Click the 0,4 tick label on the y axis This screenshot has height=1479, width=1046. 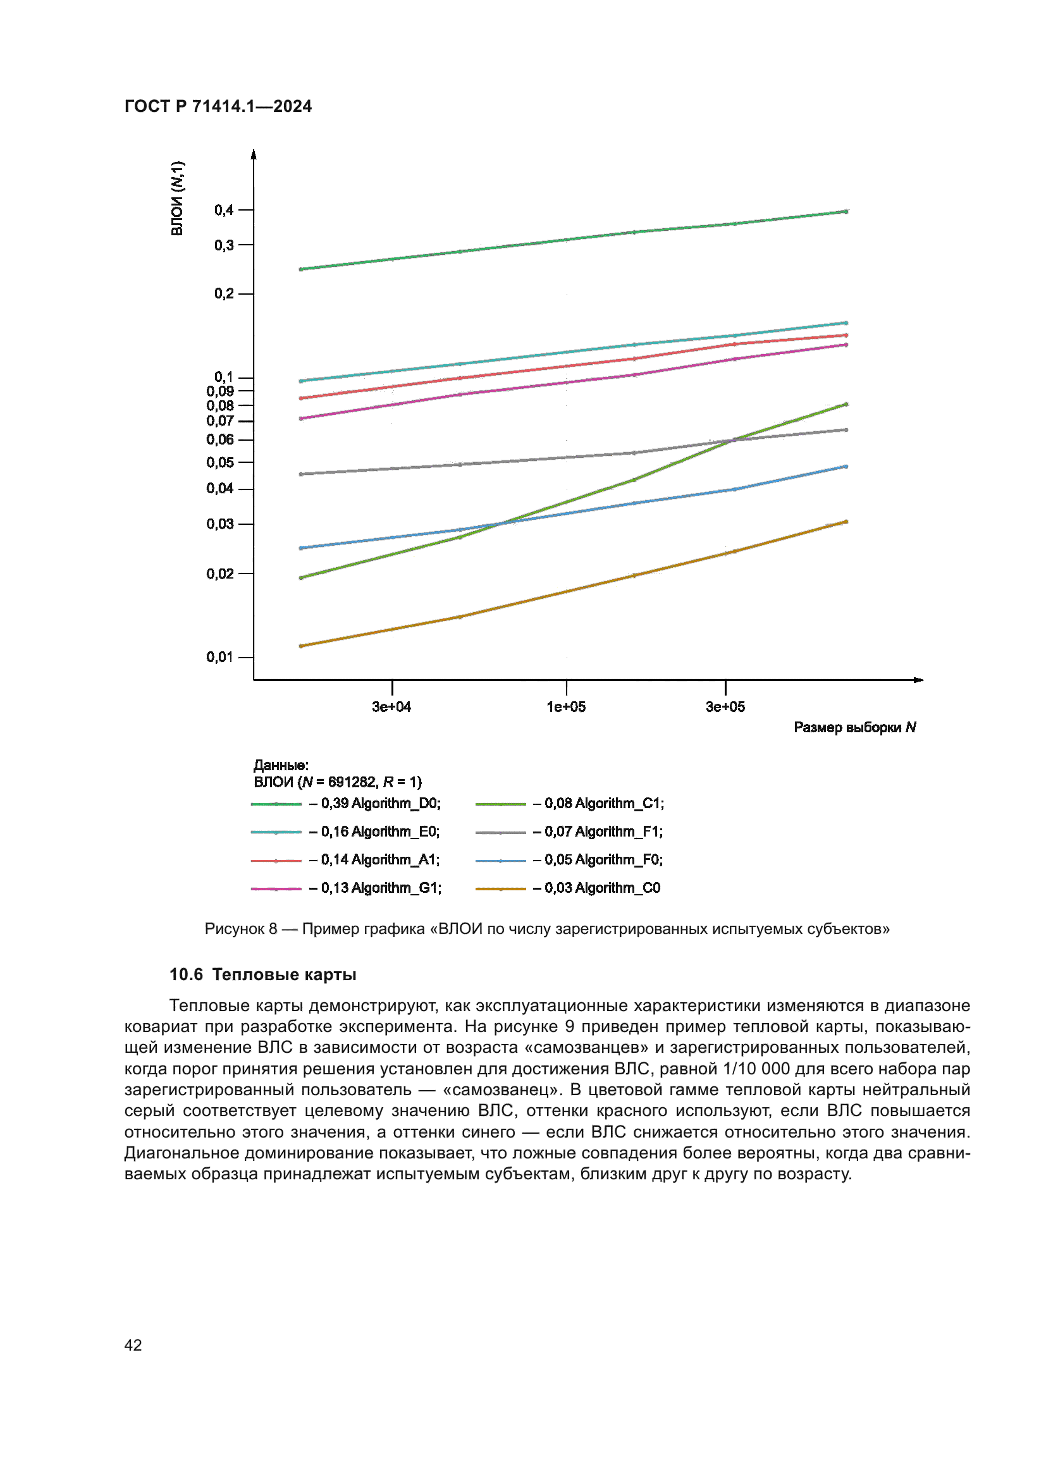click(223, 210)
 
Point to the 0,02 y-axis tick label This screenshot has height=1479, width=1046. click(219, 574)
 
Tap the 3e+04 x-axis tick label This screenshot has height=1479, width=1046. click(391, 707)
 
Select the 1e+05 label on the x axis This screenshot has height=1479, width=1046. click(566, 707)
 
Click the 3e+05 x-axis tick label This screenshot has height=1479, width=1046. click(725, 707)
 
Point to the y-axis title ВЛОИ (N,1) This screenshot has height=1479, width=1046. click(177, 199)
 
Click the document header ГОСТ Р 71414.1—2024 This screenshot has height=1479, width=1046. click(218, 106)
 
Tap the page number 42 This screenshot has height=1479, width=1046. click(133, 1345)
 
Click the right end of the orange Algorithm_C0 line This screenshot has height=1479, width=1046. click(846, 522)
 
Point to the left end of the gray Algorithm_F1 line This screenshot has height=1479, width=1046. click(302, 474)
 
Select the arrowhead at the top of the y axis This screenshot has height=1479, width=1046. click(254, 154)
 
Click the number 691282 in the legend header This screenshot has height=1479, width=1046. click(352, 782)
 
